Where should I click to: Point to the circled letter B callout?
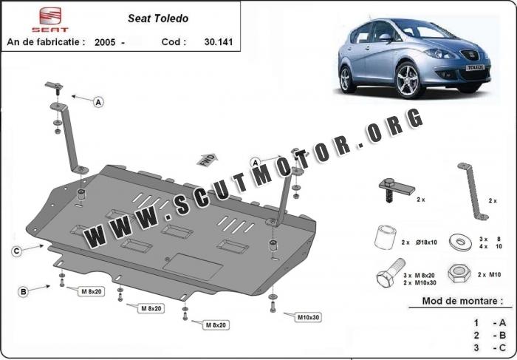(23, 292)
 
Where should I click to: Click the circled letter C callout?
(16, 251)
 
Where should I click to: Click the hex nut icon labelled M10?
(455, 274)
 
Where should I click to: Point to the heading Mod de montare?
(456, 301)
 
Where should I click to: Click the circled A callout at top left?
(98, 104)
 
